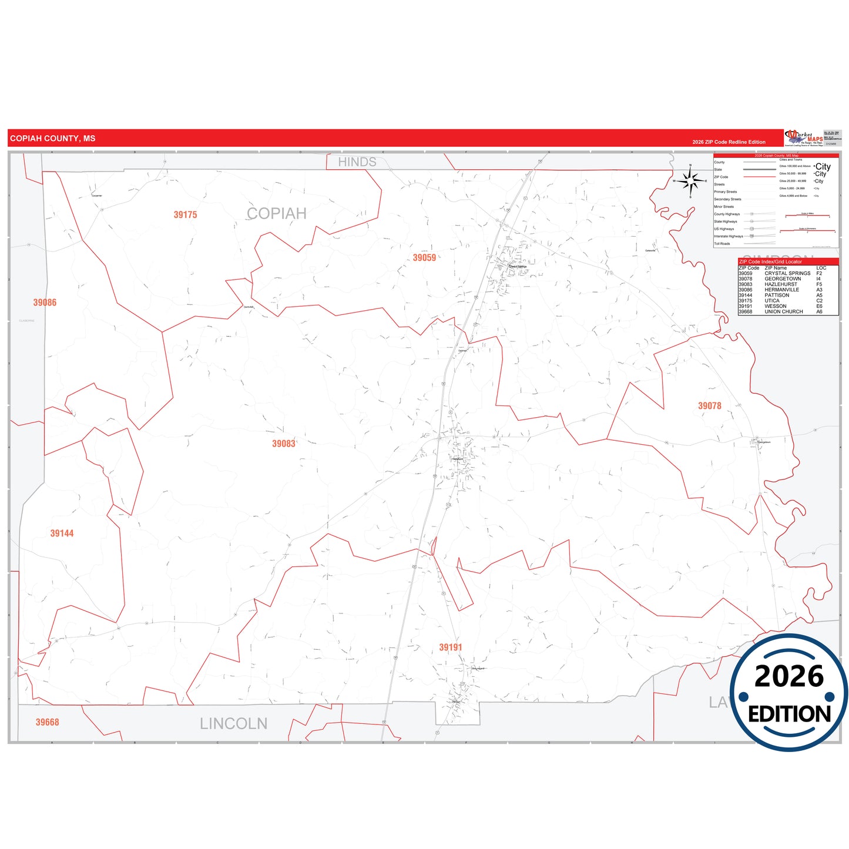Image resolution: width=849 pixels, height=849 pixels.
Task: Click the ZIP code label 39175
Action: tap(185, 215)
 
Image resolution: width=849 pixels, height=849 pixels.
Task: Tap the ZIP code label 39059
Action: tap(424, 258)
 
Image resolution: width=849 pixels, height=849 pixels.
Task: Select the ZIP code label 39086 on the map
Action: tap(45, 303)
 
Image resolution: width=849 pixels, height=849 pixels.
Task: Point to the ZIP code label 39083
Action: tap(283, 444)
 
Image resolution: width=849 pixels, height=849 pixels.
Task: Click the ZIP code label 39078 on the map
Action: tap(709, 406)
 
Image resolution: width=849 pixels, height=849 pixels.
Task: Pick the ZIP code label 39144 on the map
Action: tap(62, 533)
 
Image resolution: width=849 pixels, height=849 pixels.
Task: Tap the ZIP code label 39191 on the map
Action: tap(451, 647)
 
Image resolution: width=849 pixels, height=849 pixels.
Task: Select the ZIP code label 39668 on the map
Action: tap(47, 723)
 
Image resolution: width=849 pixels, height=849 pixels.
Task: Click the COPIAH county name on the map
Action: tap(277, 214)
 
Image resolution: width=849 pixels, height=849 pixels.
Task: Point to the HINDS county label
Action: tap(357, 162)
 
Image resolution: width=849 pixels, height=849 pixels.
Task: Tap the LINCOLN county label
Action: tap(233, 724)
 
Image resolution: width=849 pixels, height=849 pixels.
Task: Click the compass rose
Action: tap(690, 181)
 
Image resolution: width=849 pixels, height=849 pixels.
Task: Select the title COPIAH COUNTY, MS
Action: tap(52, 139)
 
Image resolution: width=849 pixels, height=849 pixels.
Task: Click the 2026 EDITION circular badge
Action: tap(788, 693)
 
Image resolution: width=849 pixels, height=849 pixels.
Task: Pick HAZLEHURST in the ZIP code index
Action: tap(781, 284)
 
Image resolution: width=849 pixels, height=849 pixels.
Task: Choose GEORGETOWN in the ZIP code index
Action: tap(783, 279)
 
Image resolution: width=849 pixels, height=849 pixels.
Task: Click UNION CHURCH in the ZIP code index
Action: tap(783, 312)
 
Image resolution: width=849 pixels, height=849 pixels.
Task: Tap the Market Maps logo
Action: tap(804, 138)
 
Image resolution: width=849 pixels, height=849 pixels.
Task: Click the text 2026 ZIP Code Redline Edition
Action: tap(729, 142)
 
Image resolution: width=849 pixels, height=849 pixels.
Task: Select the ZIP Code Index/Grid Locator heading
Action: tap(770, 262)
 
